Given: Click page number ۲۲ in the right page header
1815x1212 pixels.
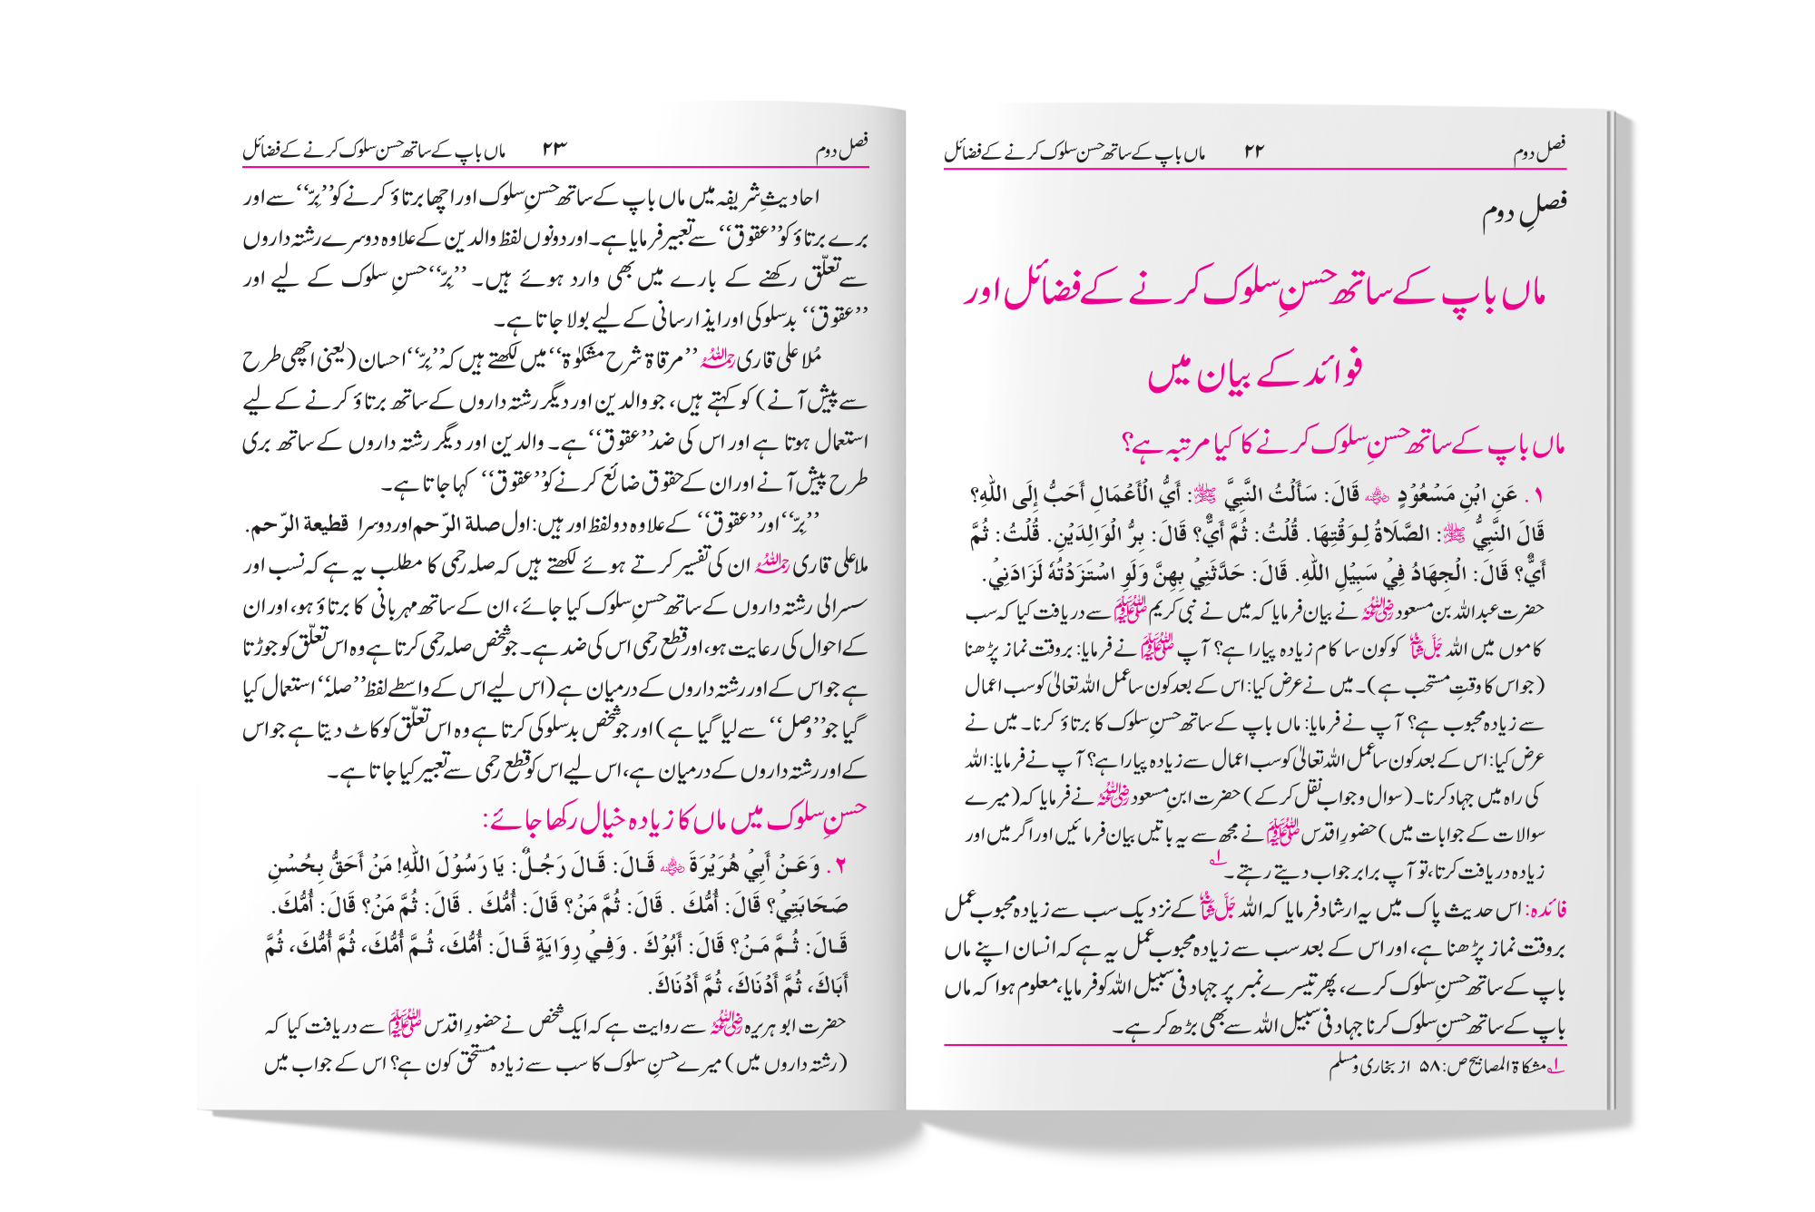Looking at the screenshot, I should [x=1254, y=151].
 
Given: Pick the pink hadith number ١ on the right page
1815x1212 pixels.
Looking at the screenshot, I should [x=1537, y=496].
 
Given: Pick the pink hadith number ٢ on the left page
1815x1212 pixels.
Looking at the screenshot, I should [x=840, y=867].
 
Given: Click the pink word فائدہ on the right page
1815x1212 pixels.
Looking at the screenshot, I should [x=1546, y=909].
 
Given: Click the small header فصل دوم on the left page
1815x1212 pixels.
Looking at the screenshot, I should [x=841, y=148].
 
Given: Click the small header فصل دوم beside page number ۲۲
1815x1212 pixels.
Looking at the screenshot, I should [x=1539, y=150].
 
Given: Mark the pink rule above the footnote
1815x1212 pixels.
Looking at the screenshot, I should [x=1252, y=1046].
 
